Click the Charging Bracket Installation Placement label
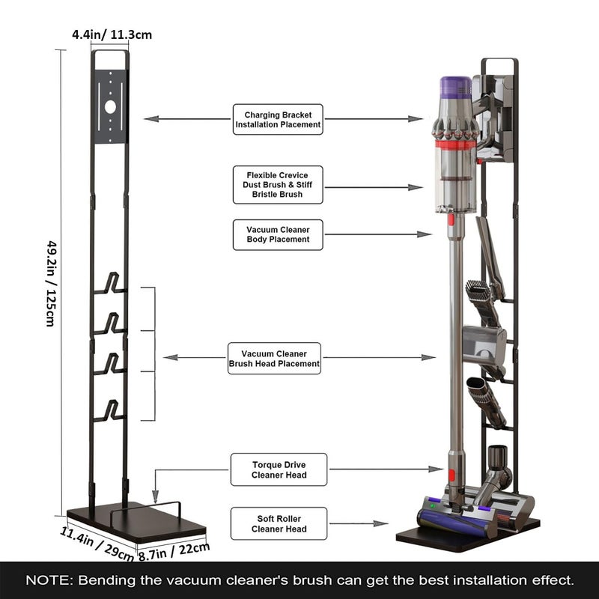tap(278, 119)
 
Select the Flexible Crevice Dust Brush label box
tap(278, 184)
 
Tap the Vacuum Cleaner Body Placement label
tap(278, 234)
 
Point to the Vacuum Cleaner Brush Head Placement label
tap(274, 359)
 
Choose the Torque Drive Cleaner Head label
tap(278, 469)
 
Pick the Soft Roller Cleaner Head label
tap(278, 523)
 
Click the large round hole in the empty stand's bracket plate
tap(111, 106)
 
